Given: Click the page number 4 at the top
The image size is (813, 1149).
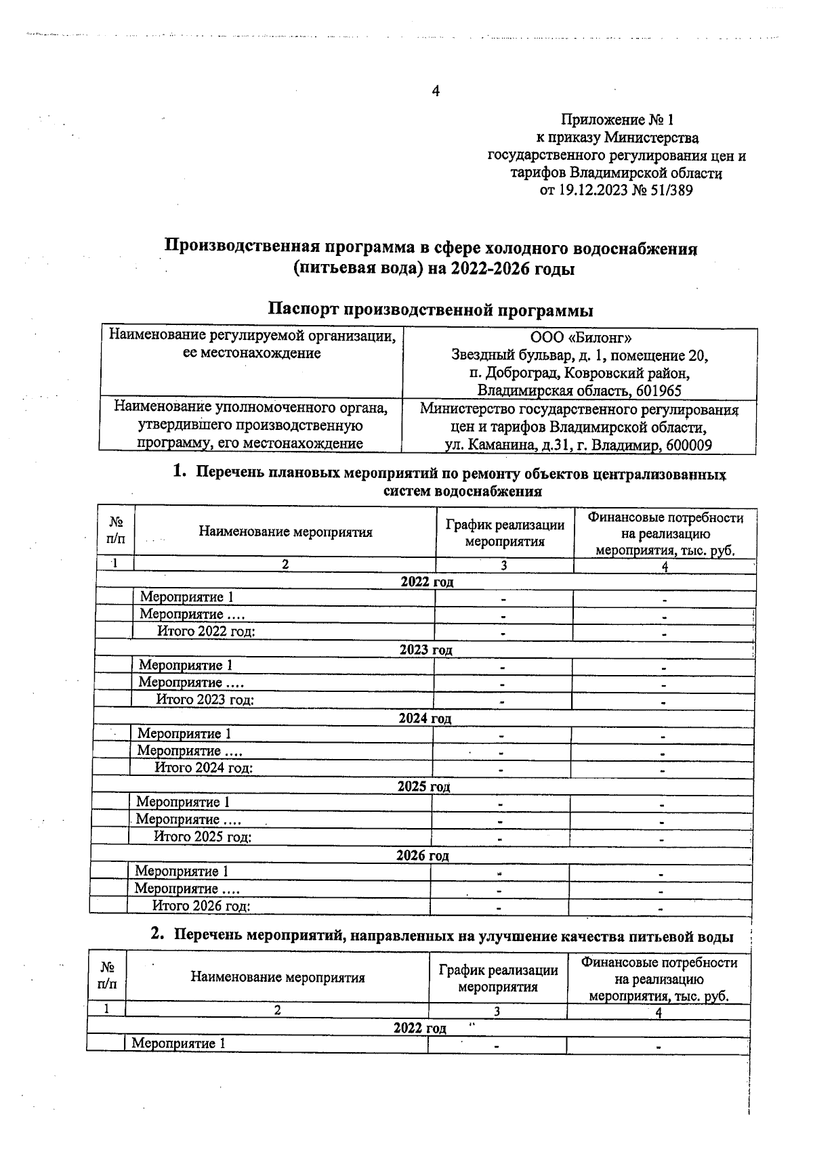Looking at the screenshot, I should point(436,91).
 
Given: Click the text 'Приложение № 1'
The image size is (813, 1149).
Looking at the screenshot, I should point(617,121).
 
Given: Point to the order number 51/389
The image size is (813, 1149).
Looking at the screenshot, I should point(671,191).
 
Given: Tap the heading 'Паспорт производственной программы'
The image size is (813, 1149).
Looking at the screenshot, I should point(430,310).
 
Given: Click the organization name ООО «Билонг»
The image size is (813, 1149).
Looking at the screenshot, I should point(581,337).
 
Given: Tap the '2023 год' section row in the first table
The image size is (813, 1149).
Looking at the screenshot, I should point(425,650).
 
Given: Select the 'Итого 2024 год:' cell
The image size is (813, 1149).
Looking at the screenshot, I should point(204,768).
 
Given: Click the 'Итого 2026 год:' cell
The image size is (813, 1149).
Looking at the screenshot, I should point(201,906).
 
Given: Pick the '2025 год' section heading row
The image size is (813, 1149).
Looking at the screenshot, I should point(423,787).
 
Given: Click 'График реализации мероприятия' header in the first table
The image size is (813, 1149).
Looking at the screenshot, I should point(505,533).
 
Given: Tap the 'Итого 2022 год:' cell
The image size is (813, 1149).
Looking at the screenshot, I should point(207,632).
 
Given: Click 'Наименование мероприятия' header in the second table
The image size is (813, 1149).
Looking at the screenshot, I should point(278,977).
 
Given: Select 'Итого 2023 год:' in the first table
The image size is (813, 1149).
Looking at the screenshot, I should point(205,699).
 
